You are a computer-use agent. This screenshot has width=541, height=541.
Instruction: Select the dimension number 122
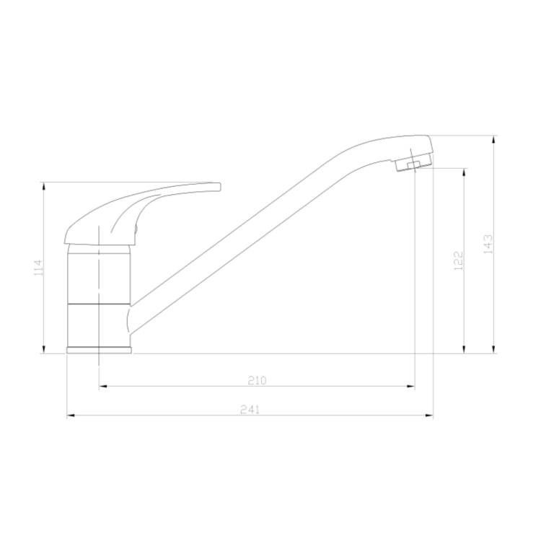(457, 261)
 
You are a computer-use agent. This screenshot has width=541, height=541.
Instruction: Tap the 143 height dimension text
(488, 245)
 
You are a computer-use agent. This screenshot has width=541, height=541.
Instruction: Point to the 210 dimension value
(258, 380)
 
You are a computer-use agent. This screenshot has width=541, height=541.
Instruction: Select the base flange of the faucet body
(100, 351)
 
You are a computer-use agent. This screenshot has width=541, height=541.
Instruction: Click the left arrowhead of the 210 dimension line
(102, 386)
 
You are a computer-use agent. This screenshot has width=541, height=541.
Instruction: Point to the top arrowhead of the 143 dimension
(495, 139)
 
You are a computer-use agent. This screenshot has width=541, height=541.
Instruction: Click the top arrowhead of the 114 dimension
(45, 186)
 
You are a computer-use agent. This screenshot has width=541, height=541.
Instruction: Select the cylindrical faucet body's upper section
(100, 274)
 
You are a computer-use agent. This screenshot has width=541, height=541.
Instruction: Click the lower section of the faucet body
(98, 325)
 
